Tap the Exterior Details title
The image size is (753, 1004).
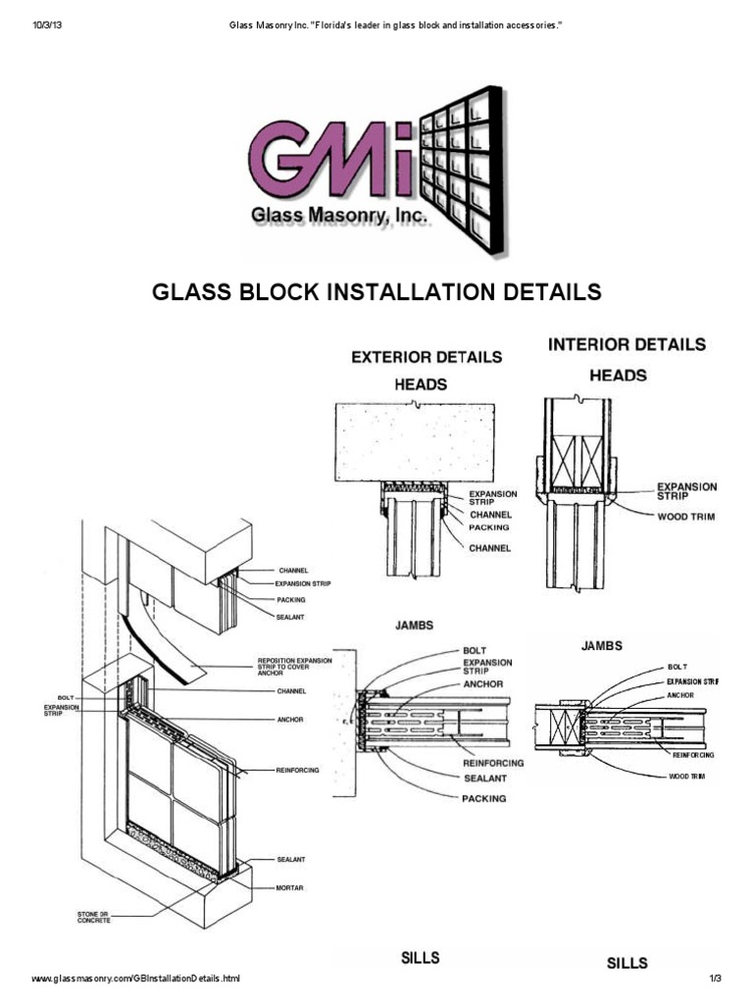point(427,358)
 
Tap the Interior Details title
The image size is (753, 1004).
point(626,345)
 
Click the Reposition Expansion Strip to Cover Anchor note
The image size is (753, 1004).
point(294,666)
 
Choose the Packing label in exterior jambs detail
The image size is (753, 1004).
point(484,798)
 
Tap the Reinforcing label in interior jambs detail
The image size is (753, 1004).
point(693,755)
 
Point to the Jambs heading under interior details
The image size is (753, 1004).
point(602,646)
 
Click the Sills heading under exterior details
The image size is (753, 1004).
point(419,957)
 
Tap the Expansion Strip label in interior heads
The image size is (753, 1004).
point(686,490)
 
